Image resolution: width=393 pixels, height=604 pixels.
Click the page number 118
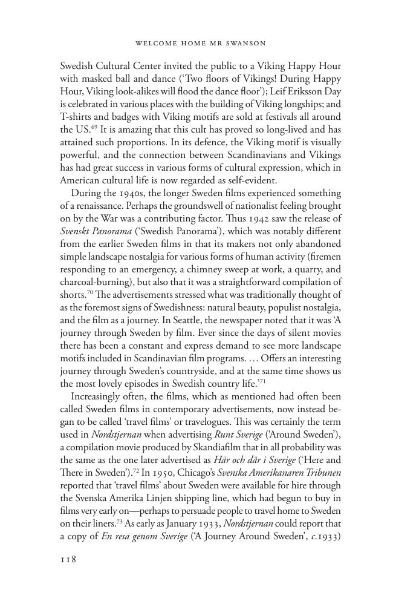coord(68,559)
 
